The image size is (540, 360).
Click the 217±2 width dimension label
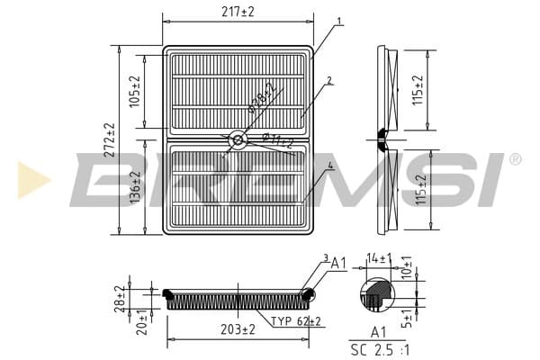pos(238,12)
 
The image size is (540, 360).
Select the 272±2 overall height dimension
pos(110,139)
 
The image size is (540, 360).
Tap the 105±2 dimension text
pos(135,91)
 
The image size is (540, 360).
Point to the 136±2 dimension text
pos(136,187)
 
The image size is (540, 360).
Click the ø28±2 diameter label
pos(263,98)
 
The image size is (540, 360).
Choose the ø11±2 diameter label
pos(277,140)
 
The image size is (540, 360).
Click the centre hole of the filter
pos(238,139)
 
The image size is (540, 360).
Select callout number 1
pos(339,22)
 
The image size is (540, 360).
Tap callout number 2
pos(329,81)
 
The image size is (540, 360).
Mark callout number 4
pos(330,166)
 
